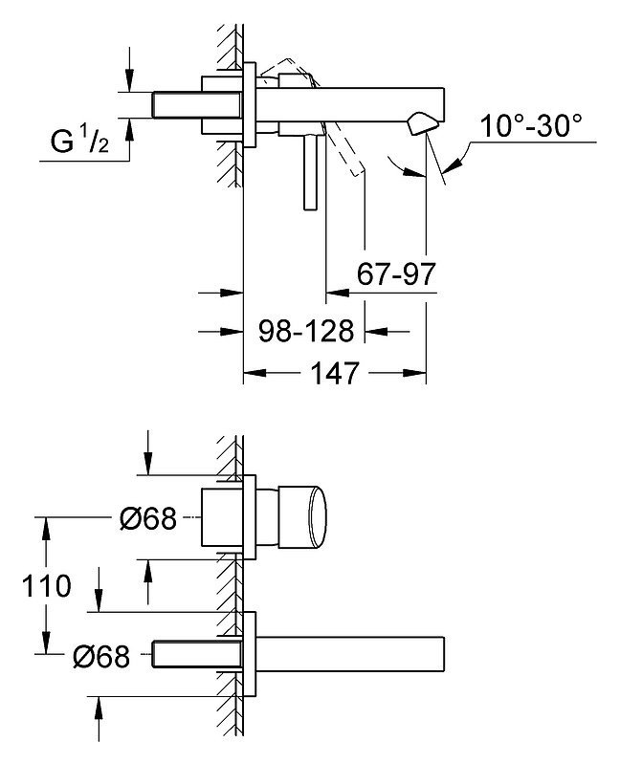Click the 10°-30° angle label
pos(531,125)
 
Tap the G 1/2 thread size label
pos(79,141)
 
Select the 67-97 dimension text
pos(396,273)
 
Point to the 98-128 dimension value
pos(305,332)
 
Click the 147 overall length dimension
pos(334,373)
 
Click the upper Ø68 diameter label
pos(147,518)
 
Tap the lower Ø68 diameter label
pos(101,656)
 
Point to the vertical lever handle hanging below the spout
pos(311,173)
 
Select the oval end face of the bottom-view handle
pos(318,516)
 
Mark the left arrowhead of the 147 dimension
pos(255,373)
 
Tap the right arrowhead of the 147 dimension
pos(414,373)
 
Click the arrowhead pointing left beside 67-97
pos(338,293)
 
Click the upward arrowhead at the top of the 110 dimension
pos(46,528)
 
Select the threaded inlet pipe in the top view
pos(196,105)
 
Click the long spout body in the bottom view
pos(350,653)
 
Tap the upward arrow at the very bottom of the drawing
pos(99,720)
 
